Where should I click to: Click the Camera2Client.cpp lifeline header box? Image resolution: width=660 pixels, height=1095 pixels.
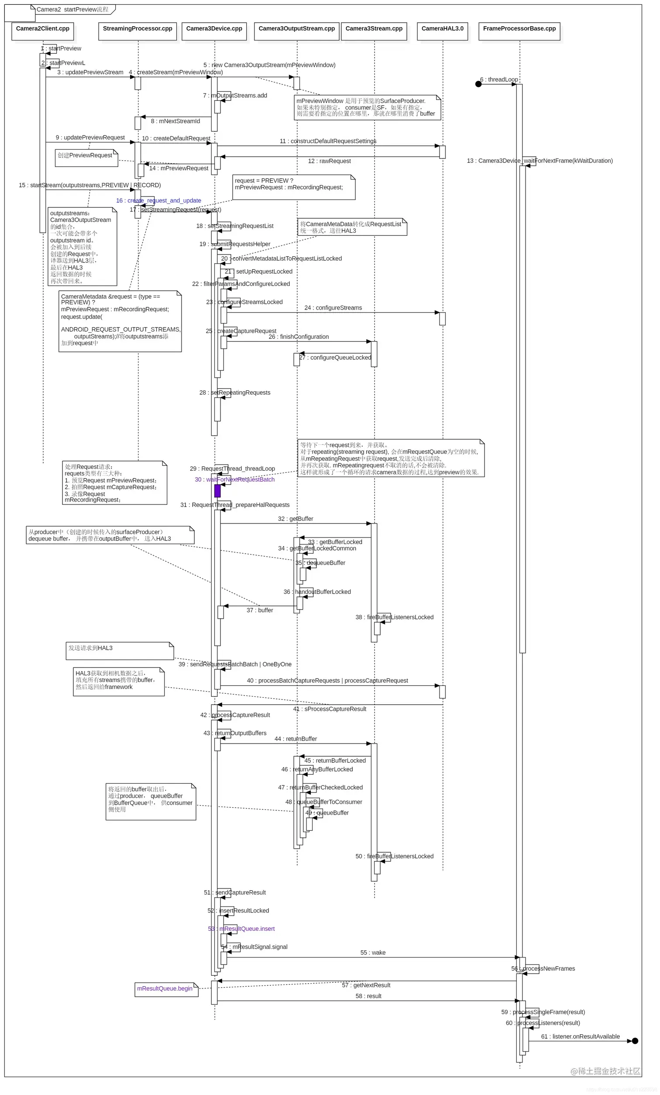pos(43,31)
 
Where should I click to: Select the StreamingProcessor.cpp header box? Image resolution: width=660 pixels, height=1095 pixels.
pos(137,31)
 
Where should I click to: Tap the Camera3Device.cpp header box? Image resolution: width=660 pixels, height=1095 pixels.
pos(214,31)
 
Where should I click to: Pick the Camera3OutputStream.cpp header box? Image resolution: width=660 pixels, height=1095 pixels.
pos(296,31)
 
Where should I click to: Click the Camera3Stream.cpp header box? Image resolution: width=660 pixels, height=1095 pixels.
pos(374,31)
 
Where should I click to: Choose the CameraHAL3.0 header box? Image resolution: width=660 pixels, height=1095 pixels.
pos(442,31)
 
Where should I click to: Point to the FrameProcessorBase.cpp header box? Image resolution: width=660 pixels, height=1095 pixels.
pos(519,31)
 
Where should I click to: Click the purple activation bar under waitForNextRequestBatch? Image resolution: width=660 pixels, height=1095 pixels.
pos(217,491)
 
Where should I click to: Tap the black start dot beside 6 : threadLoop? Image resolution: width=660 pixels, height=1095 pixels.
pos(478,84)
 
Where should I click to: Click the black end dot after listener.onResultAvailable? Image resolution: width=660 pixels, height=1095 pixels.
pos(635,1041)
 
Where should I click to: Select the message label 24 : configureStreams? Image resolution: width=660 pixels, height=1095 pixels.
pos(333,307)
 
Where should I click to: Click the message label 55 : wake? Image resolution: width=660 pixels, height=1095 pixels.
pos(373,952)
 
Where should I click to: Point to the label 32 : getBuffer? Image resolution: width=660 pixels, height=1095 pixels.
pos(296,519)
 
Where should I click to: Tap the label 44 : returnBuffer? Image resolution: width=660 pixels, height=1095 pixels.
pos(296,739)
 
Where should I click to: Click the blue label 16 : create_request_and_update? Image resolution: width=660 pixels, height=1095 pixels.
pos(158,200)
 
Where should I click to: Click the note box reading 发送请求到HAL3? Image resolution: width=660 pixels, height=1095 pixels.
pos(120,651)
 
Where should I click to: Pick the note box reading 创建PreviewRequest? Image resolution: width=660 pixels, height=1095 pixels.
pos(86,158)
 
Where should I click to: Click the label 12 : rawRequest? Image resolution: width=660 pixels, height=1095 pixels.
pos(329,161)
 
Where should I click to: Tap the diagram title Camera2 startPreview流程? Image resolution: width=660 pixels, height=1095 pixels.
pos(72,9)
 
